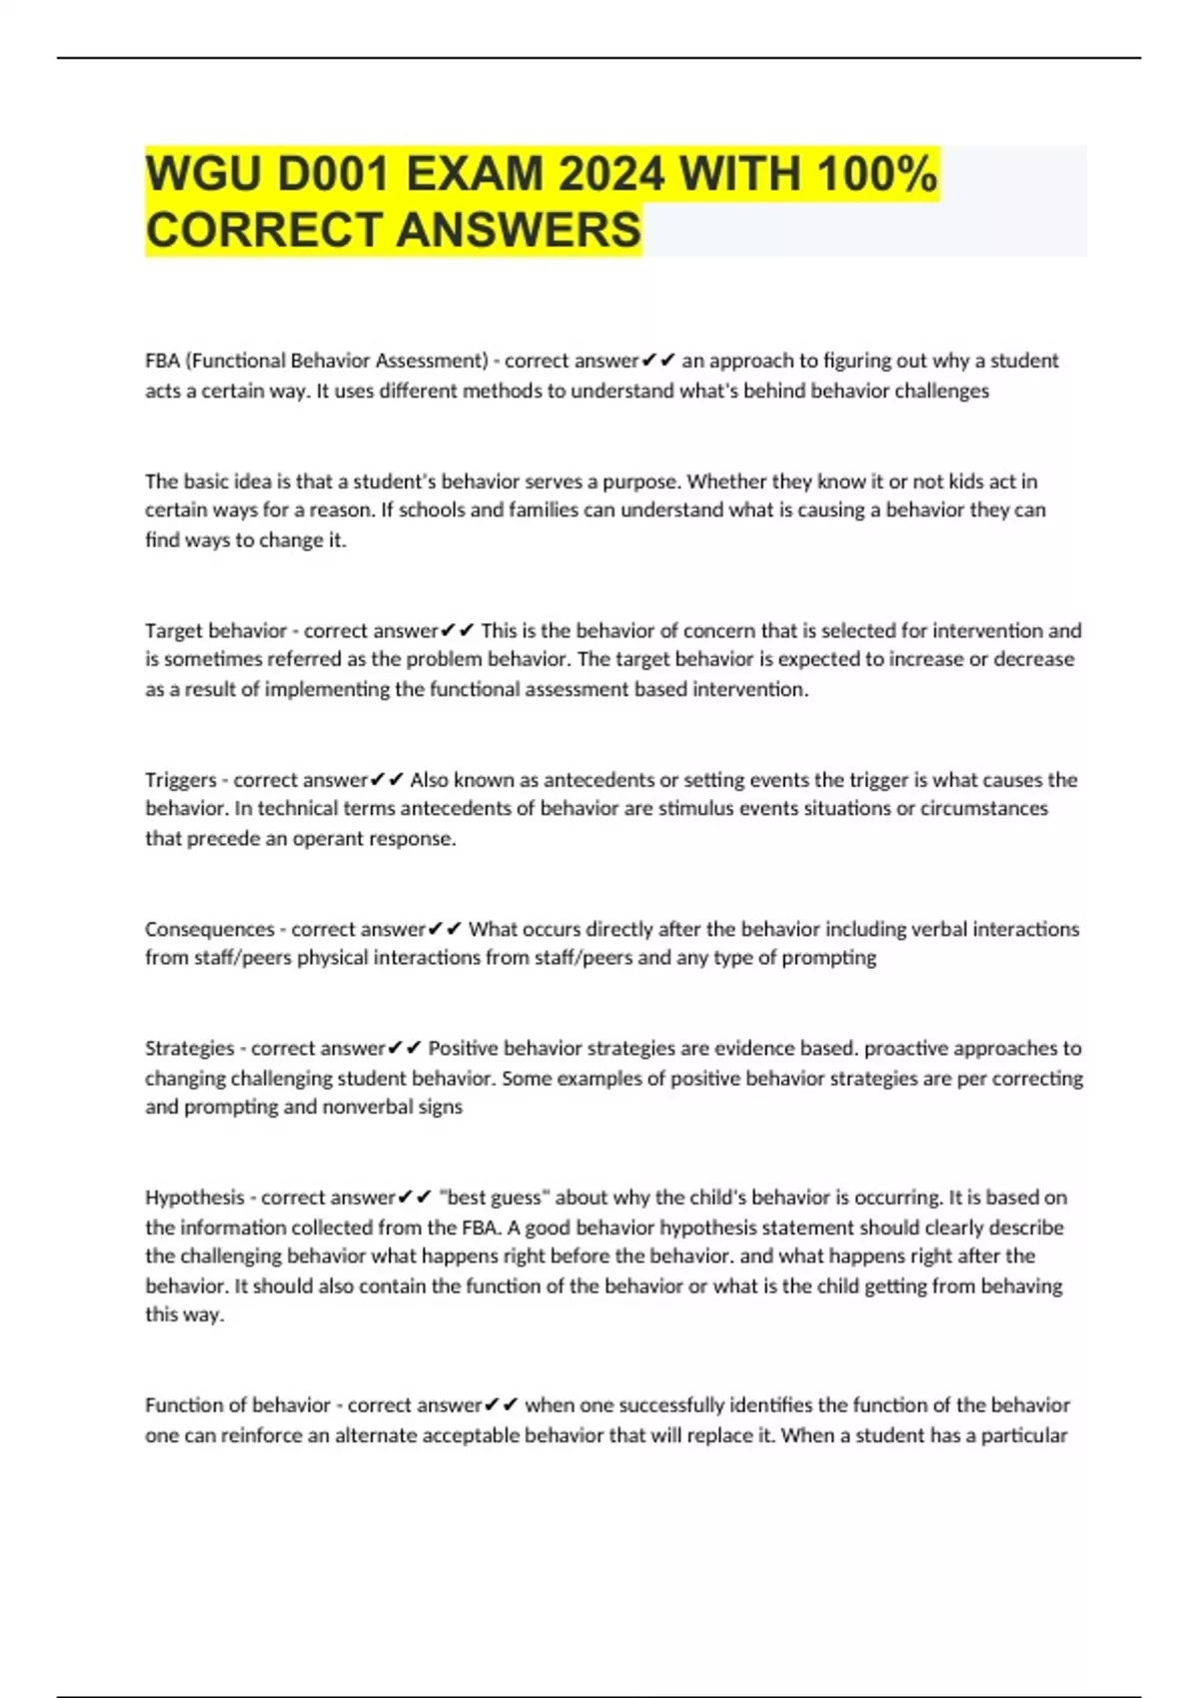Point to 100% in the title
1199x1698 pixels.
[x=876, y=175]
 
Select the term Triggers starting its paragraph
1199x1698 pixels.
[x=180, y=780]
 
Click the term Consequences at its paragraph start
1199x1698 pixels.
[x=209, y=929]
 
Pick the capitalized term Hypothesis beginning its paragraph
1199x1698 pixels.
[x=194, y=1198]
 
